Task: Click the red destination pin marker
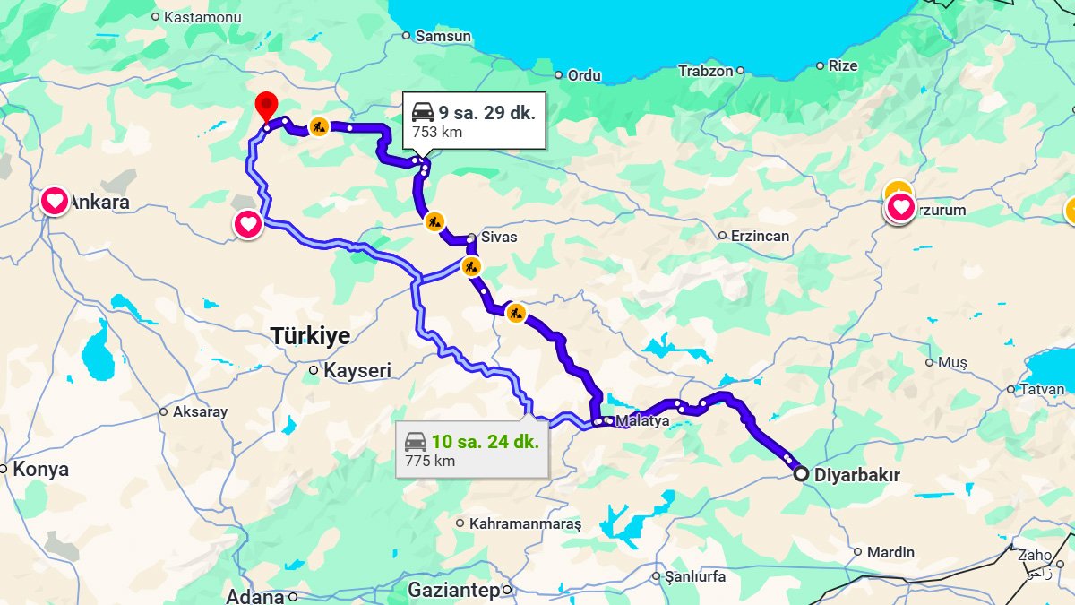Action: pyautogui.click(x=266, y=106)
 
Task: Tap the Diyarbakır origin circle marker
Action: pyautogui.click(x=800, y=474)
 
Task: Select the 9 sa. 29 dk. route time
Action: pyautogui.click(x=486, y=112)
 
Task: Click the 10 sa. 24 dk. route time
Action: pyautogui.click(x=485, y=442)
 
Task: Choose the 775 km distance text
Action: pyautogui.click(x=430, y=462)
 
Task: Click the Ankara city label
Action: pyautogui.click(x=100, y=203)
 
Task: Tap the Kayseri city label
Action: pyautogui.click(x=357, y=370)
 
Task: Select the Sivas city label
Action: pyautogui.click(x=499, y=238)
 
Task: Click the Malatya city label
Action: pyautogui.click(x=642, y=421)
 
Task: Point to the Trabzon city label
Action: pyautogui.click(x=705, y=71)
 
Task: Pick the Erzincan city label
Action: pyautogui.click(x=760, y=236)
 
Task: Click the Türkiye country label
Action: pyautogui.click(x=310, y=336)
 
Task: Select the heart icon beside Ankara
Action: pyautogui.click(x=55, y=201)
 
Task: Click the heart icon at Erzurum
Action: pyautogui.click(x=901, y=209)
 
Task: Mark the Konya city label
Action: pyautogui.click(x=40, y=470)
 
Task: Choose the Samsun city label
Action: pyautogui.click(x=443, y=36)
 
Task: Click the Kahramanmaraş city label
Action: pyautogui.click(x=525, y=523)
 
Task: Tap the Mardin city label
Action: pyautogui.click(x=890, y=552)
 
